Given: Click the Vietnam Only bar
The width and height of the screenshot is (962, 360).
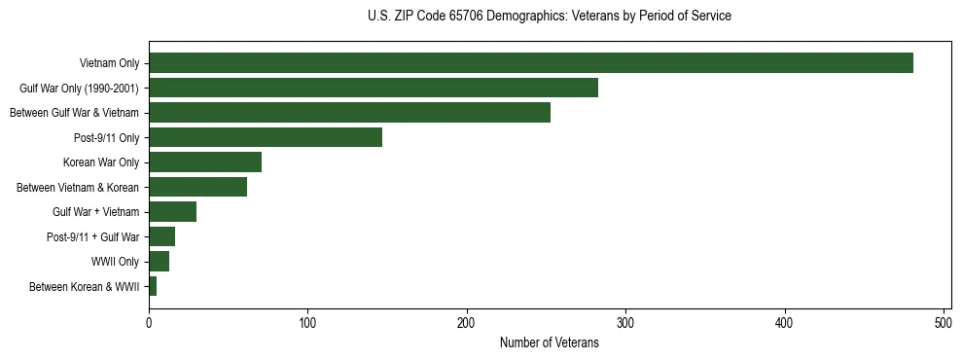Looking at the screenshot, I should pos(531,63).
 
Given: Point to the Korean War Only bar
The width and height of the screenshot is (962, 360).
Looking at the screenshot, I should pos(205,162).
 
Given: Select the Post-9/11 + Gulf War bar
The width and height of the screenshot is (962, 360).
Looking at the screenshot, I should pos(161,236).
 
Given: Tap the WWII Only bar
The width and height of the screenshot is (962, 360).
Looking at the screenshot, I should pos(159,262).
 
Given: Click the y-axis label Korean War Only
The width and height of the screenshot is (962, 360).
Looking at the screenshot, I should pos(101,162).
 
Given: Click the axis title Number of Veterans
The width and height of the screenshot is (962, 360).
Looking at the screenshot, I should pos(549,342).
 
